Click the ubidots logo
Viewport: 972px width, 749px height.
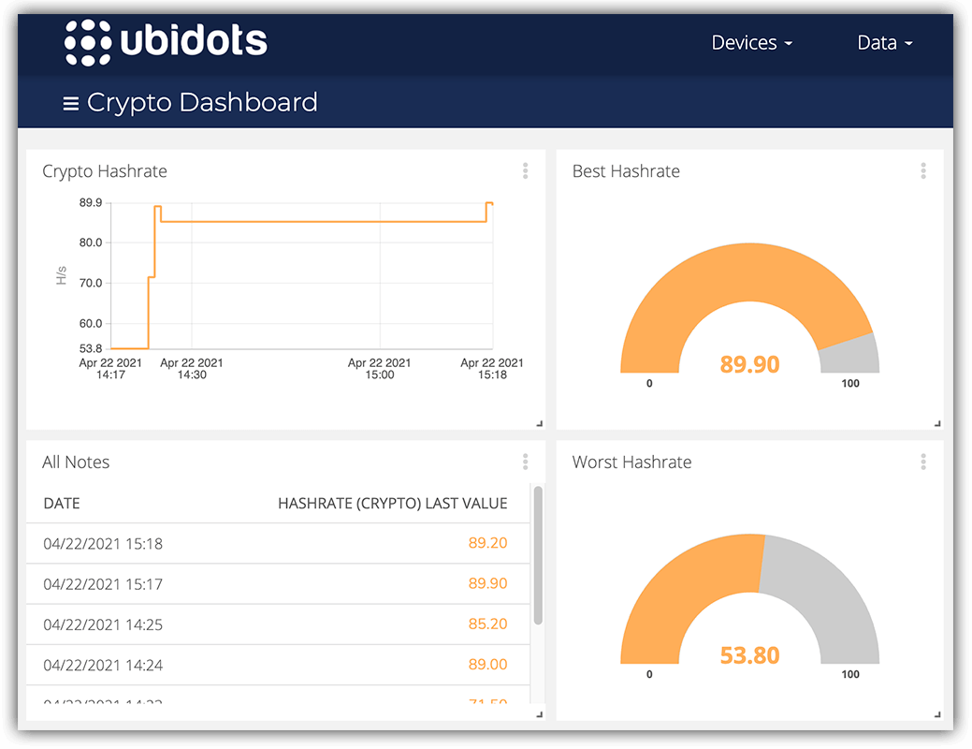(166, 42)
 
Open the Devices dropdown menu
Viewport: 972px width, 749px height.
(751, 43)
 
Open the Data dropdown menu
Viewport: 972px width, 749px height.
(884, 43)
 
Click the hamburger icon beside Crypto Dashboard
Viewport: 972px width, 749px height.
(70, 103)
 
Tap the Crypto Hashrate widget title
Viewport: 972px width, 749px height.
(105, 171)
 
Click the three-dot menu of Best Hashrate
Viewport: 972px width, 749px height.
(923, 171)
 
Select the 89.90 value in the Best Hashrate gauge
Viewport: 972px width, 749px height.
(749, 364)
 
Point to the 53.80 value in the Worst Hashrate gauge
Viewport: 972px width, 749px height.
(749, 655)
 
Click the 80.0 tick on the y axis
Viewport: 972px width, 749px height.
(91, 242)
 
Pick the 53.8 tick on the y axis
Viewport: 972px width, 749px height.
(91, 348)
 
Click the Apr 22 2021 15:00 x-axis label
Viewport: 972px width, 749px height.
(379, 369)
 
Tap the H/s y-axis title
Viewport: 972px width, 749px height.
(62, 275)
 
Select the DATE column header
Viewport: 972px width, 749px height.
(62, 504)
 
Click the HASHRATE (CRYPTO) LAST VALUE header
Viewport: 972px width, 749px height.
(392, 504)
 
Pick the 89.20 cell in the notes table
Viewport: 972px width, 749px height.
(487, 543)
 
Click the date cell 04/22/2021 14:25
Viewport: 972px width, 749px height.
(103, 624)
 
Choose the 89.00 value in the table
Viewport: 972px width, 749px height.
(487, 665)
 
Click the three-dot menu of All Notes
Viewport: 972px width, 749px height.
(526, 462)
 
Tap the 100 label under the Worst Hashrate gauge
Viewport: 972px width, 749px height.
(849, 674)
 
